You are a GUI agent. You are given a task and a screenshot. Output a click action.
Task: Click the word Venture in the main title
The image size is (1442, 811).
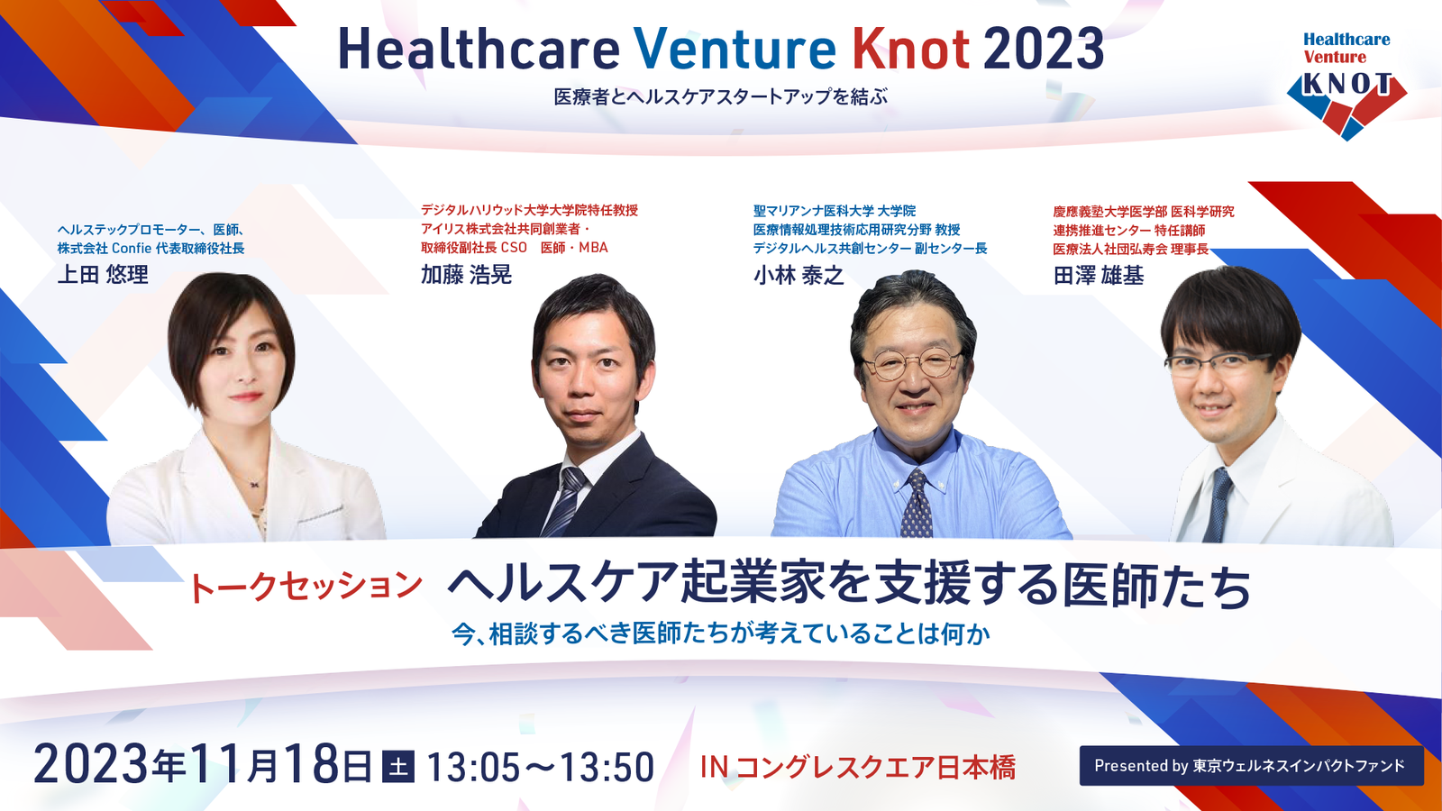coord(735,49)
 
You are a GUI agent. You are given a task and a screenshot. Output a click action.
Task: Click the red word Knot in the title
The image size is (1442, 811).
coord(911,49)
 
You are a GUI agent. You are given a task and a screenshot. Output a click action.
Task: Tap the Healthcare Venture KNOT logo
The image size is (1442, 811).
coord(1346,86)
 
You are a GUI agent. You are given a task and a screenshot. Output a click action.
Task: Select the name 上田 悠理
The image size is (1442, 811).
coord(103,274)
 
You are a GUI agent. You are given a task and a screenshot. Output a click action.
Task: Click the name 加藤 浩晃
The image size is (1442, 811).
coord(466,274)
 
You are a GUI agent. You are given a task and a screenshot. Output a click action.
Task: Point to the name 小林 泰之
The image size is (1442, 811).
coord(799,276)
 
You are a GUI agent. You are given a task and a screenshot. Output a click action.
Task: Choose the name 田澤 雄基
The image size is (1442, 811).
coord(1099,276)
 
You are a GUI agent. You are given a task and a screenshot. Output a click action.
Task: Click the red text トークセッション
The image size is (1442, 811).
coord(306,587)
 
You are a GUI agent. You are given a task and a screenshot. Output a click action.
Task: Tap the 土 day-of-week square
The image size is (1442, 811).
coord(398,766)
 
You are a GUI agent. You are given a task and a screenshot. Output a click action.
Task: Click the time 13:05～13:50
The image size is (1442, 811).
coord(540,767)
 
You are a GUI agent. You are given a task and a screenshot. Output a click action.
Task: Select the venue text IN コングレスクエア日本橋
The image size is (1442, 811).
coord(857,767)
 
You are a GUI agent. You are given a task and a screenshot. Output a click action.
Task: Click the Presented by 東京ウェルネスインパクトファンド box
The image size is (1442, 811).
coord(1252,765)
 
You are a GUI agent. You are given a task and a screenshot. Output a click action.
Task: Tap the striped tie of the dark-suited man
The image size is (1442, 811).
coord(564,502)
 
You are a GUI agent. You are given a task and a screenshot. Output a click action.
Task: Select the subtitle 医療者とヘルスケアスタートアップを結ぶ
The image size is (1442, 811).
coord(721,96)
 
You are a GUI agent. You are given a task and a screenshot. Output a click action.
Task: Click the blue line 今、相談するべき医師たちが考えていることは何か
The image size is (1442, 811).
coord(721,634)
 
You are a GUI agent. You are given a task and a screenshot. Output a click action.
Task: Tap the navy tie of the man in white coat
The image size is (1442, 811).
coord(1217,506)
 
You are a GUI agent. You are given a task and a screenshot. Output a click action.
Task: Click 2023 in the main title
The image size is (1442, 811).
coord(1044,49)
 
